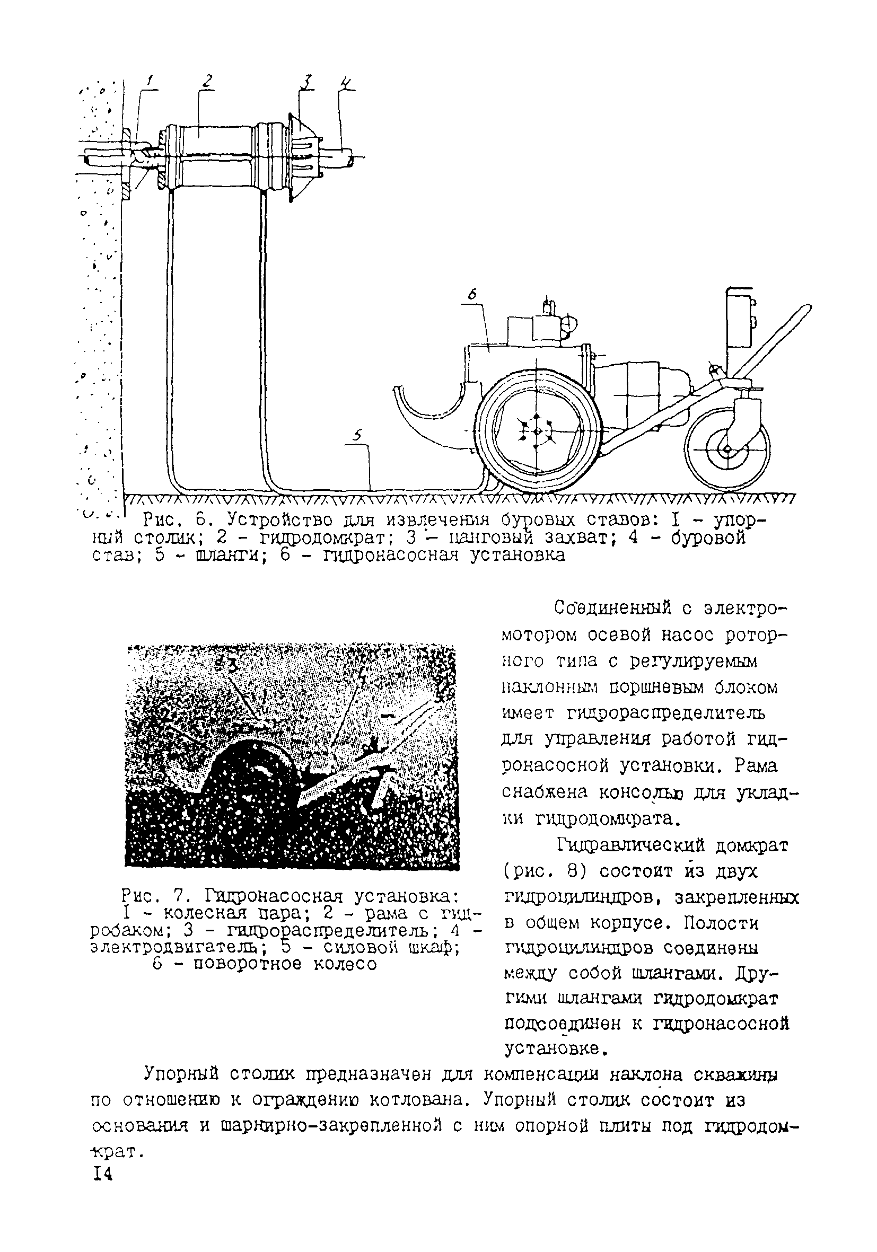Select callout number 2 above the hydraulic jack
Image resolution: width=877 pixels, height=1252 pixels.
207,81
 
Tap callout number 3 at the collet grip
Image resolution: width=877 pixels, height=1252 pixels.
308,81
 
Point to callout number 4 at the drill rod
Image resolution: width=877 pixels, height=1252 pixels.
346,83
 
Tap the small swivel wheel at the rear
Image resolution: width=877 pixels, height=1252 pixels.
727,449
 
